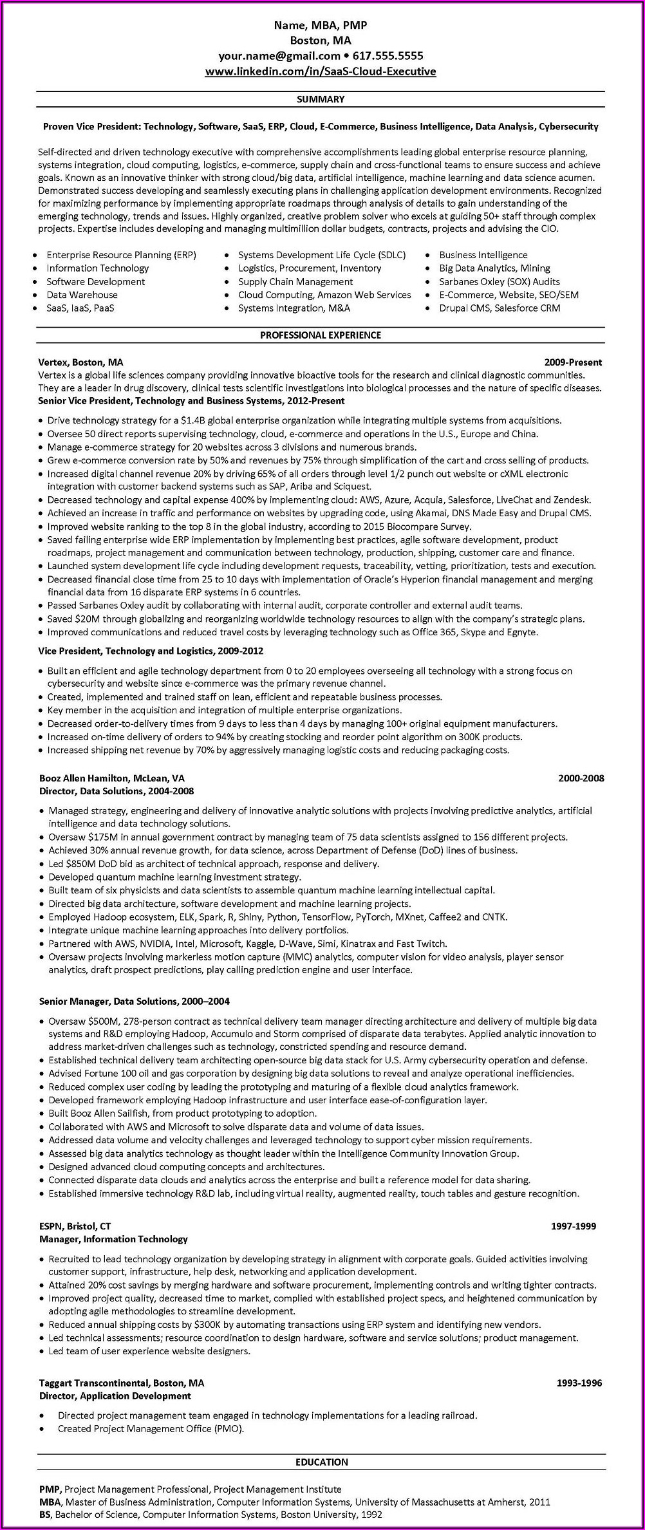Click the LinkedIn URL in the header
tap(321, 71)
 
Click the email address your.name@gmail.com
tap(279, 56)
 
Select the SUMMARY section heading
tap(321, 99)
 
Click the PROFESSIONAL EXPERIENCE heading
tap(321, 335)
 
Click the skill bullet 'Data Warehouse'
tap(82, 295)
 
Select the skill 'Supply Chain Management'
tap(295, 281)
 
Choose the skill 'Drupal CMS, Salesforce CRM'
tap(500, 308)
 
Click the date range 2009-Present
tap(573, 362)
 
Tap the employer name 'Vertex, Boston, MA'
tap(80, 362)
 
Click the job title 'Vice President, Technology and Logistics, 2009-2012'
tap(151, 651)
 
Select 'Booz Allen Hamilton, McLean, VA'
tap(112, 778)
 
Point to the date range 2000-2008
tap(581, 778)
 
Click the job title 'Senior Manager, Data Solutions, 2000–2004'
tap(134, 1001)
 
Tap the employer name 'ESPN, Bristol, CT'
tap(75, 1226)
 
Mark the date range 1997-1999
tap(573, 1226)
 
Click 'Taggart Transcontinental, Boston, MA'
tap(121, 1383)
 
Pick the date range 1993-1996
tap(579, 1383)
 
